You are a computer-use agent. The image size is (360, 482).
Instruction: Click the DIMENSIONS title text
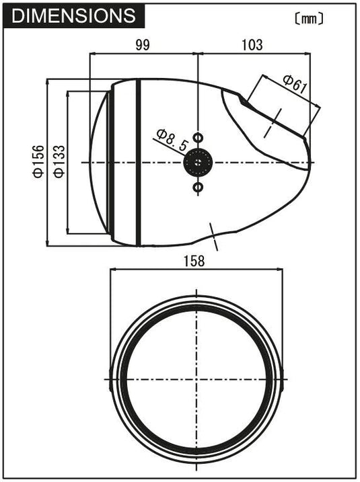click(x=73, y=15)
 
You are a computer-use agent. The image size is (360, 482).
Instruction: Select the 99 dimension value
click(x=143, y=45)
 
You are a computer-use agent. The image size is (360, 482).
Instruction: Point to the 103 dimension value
click(x=252, y=45)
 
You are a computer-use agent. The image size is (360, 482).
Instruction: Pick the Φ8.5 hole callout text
click(x=172, y=140)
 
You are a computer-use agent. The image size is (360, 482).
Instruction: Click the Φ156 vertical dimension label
click(x=39, y=162)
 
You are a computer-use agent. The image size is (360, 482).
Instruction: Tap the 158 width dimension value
click(x=194, y=262)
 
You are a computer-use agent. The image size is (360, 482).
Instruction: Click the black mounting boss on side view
click(x=198, y=162)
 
